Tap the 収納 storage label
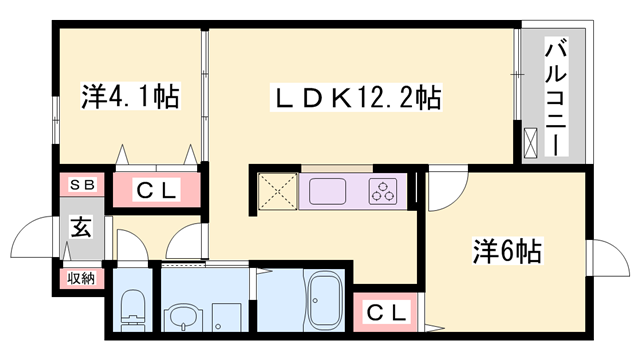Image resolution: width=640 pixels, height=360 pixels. click(81, 277)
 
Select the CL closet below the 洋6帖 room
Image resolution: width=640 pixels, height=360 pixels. click(386, 313)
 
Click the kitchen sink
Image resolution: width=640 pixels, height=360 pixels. click(323, 189)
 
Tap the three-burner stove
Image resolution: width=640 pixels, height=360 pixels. click(384, 190)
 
